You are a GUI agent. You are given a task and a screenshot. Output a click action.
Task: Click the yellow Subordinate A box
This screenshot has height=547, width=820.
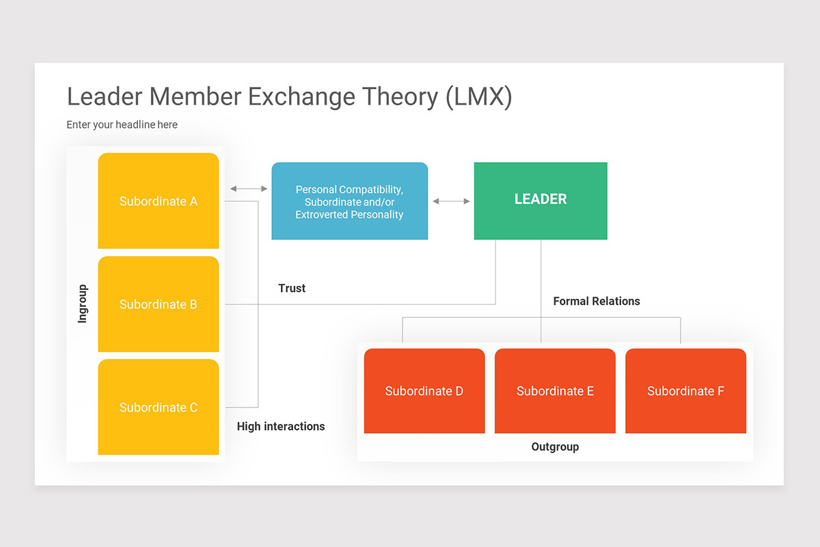click(x=159, y=201)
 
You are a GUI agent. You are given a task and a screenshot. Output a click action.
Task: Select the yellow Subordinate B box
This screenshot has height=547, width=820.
click(x=159, y=304)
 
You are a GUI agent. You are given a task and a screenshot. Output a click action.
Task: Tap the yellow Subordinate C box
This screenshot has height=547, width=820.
click(x=159, y=407)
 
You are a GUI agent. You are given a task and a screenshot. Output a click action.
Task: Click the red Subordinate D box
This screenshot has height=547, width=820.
click(x=424, y=391)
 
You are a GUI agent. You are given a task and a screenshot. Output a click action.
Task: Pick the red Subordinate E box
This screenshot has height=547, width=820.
click(x=555, y=391)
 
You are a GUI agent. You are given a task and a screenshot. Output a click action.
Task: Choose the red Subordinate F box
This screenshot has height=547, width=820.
click(x=685, y=391)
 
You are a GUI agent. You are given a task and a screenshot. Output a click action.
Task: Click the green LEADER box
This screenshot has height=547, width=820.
click(x=541, y=201)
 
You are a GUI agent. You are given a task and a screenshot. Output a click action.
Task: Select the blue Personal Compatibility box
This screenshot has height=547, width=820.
click(x=350, y=201)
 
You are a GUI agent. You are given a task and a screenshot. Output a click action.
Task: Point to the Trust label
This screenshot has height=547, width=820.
click(x=292, y=289)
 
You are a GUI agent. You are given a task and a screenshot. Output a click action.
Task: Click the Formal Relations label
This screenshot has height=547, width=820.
click(x=597, y=301)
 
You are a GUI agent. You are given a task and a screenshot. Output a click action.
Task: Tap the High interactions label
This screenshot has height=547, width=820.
click(x=281, y=427)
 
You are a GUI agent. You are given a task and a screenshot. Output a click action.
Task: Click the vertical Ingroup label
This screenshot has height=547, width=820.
click(x=83, y=304)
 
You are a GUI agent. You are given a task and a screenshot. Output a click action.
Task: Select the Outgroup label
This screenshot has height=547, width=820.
click(x=555, y=447)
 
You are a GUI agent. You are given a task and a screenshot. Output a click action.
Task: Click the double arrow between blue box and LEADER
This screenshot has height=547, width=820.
click(x=451, y=201)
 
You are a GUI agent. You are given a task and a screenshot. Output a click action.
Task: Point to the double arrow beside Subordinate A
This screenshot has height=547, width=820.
click(x=249, y=189)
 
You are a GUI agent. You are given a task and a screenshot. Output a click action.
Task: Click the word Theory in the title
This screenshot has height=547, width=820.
click(x=400, y=96)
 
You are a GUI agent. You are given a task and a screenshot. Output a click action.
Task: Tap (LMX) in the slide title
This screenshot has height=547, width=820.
click(x=479, y=97)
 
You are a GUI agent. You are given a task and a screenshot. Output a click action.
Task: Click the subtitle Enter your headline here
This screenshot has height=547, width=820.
click(x=122, y=125)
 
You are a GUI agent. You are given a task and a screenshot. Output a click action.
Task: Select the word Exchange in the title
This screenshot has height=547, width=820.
click(x=301, y=97)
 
